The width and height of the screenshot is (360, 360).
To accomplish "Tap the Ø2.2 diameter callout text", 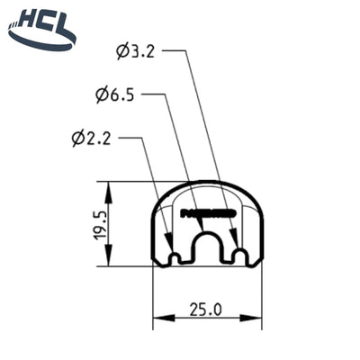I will (x=93, y=138).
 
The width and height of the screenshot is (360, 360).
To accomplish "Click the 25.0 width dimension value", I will (x=205, y=309).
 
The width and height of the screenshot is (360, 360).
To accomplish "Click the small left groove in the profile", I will (x=174, y=257).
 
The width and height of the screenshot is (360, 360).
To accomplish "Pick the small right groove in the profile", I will (x=239, y=257).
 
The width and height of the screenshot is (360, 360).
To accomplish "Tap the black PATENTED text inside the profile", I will (x=206, y=214).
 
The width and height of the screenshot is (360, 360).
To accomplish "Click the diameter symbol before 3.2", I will (x=122, y=52).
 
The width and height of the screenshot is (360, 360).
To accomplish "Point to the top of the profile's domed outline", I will (x=206, y=181).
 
